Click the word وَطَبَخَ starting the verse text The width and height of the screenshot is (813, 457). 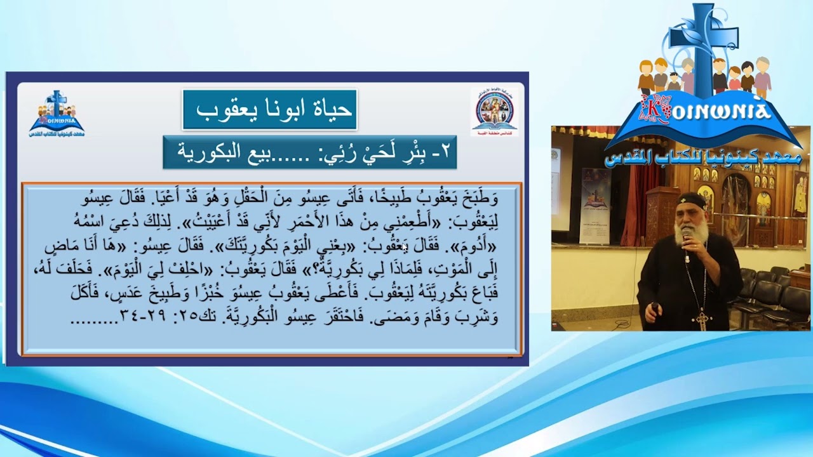pyautogui.click(x=480, y=199)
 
